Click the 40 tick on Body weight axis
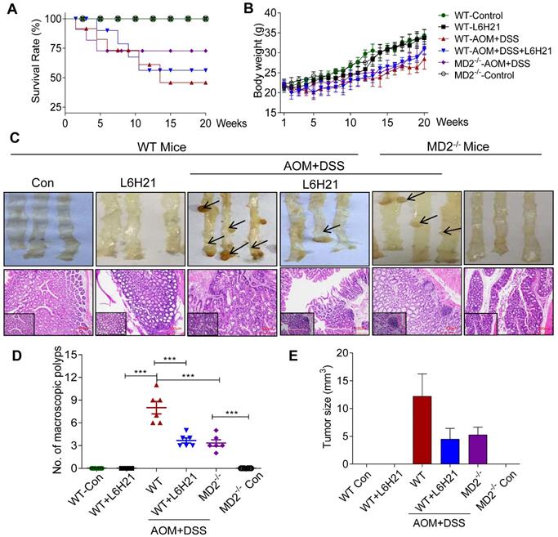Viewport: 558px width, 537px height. (288, 15)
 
